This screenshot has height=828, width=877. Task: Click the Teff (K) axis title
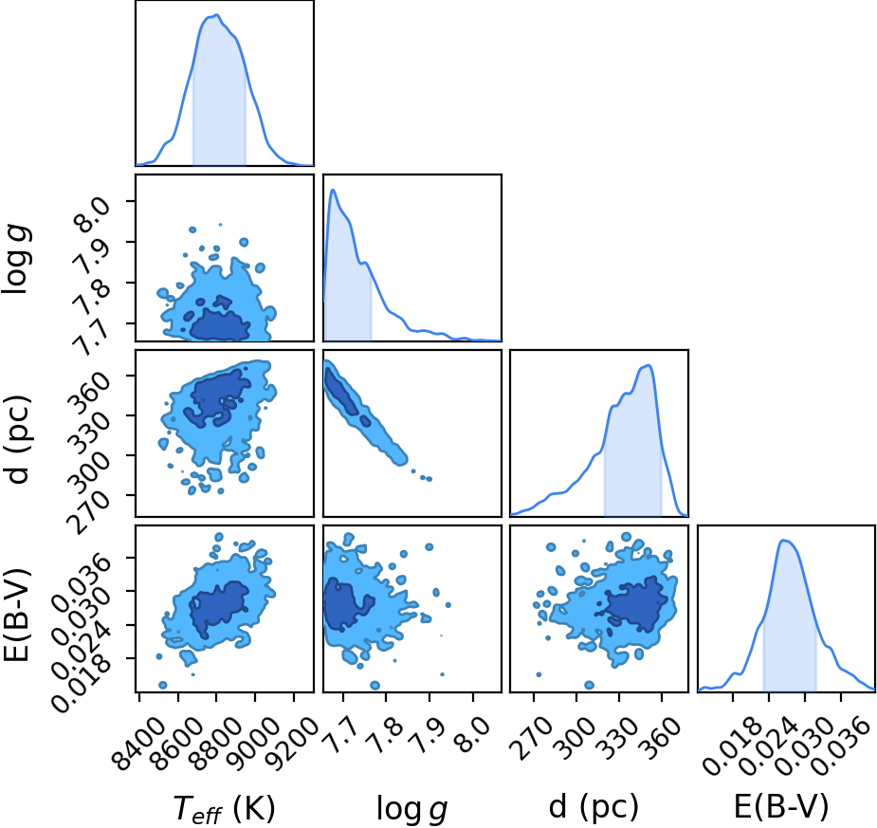click(225, 808)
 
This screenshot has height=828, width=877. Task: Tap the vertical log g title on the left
click(17, 259)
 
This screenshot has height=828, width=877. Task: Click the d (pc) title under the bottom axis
click(594, 807)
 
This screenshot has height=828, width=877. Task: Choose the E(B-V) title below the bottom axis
click(781, 807)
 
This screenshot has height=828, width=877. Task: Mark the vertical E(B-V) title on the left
click(17, 615)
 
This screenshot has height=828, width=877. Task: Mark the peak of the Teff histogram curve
click(217, 14)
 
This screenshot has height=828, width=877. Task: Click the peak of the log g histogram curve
click(334, 190)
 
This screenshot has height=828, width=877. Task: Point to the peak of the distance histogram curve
click(649, 365)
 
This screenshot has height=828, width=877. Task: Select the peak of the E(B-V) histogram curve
click(784, 540)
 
